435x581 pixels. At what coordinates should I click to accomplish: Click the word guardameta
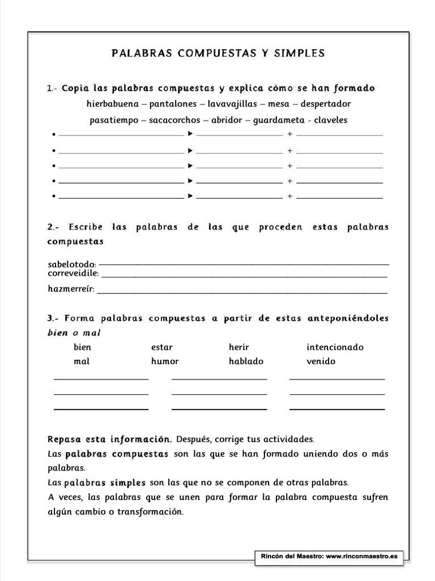278,120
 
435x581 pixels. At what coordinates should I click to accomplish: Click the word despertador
326,104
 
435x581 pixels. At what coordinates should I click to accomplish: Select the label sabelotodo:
72,264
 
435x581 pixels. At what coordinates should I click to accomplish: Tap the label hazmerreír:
71,289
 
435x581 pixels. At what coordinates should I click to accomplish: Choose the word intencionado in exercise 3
335,347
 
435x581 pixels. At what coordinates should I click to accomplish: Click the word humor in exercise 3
164,361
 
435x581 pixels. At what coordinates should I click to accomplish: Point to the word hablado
246,361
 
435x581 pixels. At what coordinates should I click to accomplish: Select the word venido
321,361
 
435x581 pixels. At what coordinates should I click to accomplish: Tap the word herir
238,347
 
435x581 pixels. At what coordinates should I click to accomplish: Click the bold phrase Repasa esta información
109,439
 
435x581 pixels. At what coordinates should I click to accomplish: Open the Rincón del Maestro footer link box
329,557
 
